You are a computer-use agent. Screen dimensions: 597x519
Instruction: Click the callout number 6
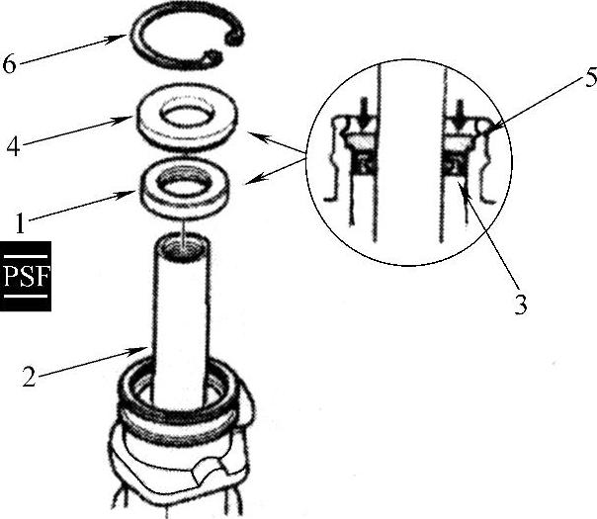(x=10, y=63)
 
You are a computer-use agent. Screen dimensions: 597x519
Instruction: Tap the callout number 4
(x=14, y=146)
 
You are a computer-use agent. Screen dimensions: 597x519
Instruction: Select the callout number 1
(x=20, y=223)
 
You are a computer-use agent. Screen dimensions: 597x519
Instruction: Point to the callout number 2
(x=30, y=377)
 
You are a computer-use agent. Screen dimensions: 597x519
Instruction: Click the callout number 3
(x=521, y=304)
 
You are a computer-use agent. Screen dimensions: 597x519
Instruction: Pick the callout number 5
(x=591, y=79)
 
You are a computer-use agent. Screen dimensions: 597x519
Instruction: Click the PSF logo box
(x=26, y=276)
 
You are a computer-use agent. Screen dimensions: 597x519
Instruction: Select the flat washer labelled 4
(x=186, y=117)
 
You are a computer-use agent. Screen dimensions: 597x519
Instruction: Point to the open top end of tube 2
(x=182, y=247)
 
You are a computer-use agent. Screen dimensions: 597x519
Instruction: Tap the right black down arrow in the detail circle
(x=461, y=115)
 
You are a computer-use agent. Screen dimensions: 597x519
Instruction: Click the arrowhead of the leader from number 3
(x=463, y=188)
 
